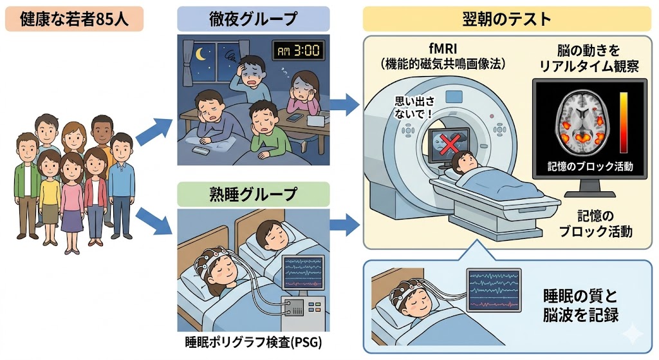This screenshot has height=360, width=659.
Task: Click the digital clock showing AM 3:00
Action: point(298,51)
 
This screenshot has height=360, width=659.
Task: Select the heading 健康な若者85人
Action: point(75,19)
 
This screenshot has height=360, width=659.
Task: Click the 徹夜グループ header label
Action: point(253,19)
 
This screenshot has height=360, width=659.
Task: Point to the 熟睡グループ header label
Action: point(253,194)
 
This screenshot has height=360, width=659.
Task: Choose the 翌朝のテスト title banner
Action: point(506,19)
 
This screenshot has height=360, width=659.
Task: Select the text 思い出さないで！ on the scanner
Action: point(414,108)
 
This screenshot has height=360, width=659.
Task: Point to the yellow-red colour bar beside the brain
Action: point(624,122)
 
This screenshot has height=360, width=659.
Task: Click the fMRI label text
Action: point(443,49)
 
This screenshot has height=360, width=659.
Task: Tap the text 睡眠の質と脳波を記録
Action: point(580,305)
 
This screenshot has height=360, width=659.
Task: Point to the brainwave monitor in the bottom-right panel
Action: point(494,290)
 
